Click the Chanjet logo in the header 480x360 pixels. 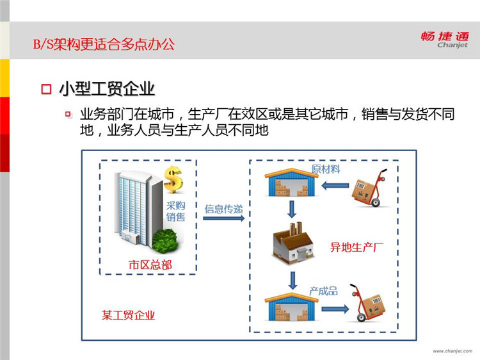click(x=445, y=40)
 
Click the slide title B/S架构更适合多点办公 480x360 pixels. click(x=104, y=44)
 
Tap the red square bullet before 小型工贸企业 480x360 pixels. click(x=46, y=89)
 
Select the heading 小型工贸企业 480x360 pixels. click(x=107, y=89)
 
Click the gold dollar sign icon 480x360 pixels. click(x=173, y=179)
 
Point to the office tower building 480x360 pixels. click(x=138, y=209)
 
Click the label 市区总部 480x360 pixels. click(x=150, y=265)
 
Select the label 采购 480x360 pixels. click(x=176, y=205)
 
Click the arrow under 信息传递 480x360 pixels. click(x=224, y=218)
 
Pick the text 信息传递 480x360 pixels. click(x=224, y=209)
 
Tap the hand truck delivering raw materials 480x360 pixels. click(x=369, y=188)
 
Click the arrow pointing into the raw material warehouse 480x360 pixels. click(x=335, y=185)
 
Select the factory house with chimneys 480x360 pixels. click(x=293, y=243)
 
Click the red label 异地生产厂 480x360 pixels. click(x=356, y=247)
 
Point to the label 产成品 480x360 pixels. click(x=324, y=291)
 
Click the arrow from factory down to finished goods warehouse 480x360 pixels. click(x=293, y=281)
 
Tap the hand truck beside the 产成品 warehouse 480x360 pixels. click(x=367, y=303)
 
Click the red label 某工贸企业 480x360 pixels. click(x=128, y=315)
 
